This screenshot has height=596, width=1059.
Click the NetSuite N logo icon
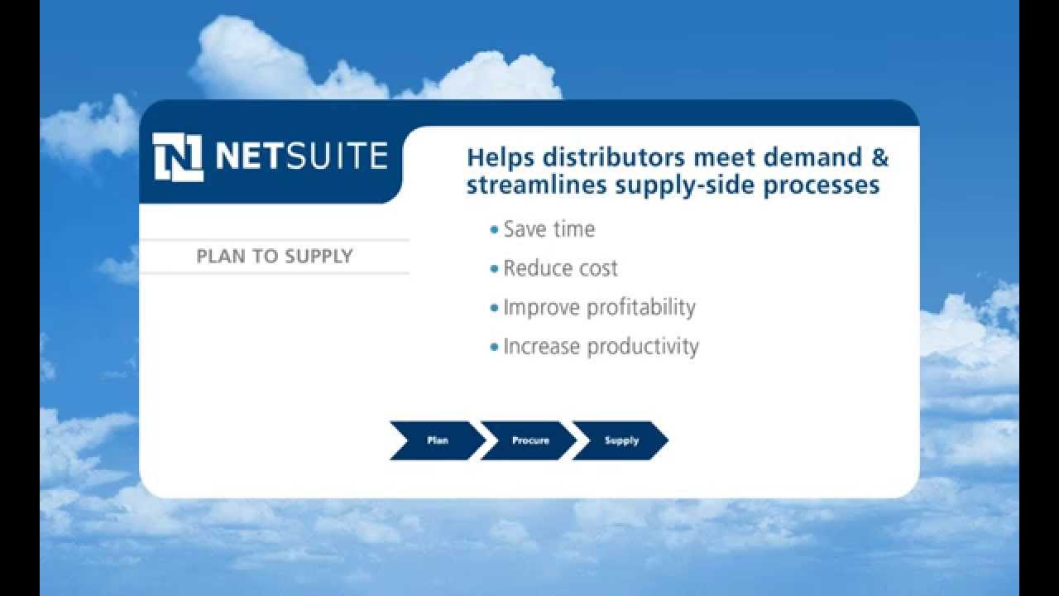(x=178, y=156)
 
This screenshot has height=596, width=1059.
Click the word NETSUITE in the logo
(x=301, y=156)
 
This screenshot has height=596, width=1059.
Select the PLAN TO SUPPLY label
(x=275, y=257)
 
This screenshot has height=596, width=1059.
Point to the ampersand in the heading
(x=880, y=156)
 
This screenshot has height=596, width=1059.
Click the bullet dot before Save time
(x=495, y=229)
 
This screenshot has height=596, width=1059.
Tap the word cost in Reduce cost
(x=596, y=268)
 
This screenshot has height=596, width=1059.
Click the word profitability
(x=640, y=308)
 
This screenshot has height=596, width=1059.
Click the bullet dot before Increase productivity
(x=495, y=347)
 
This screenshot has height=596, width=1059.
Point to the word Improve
(x=541, y=308)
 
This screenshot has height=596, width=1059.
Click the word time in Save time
(x=574, y=229)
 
